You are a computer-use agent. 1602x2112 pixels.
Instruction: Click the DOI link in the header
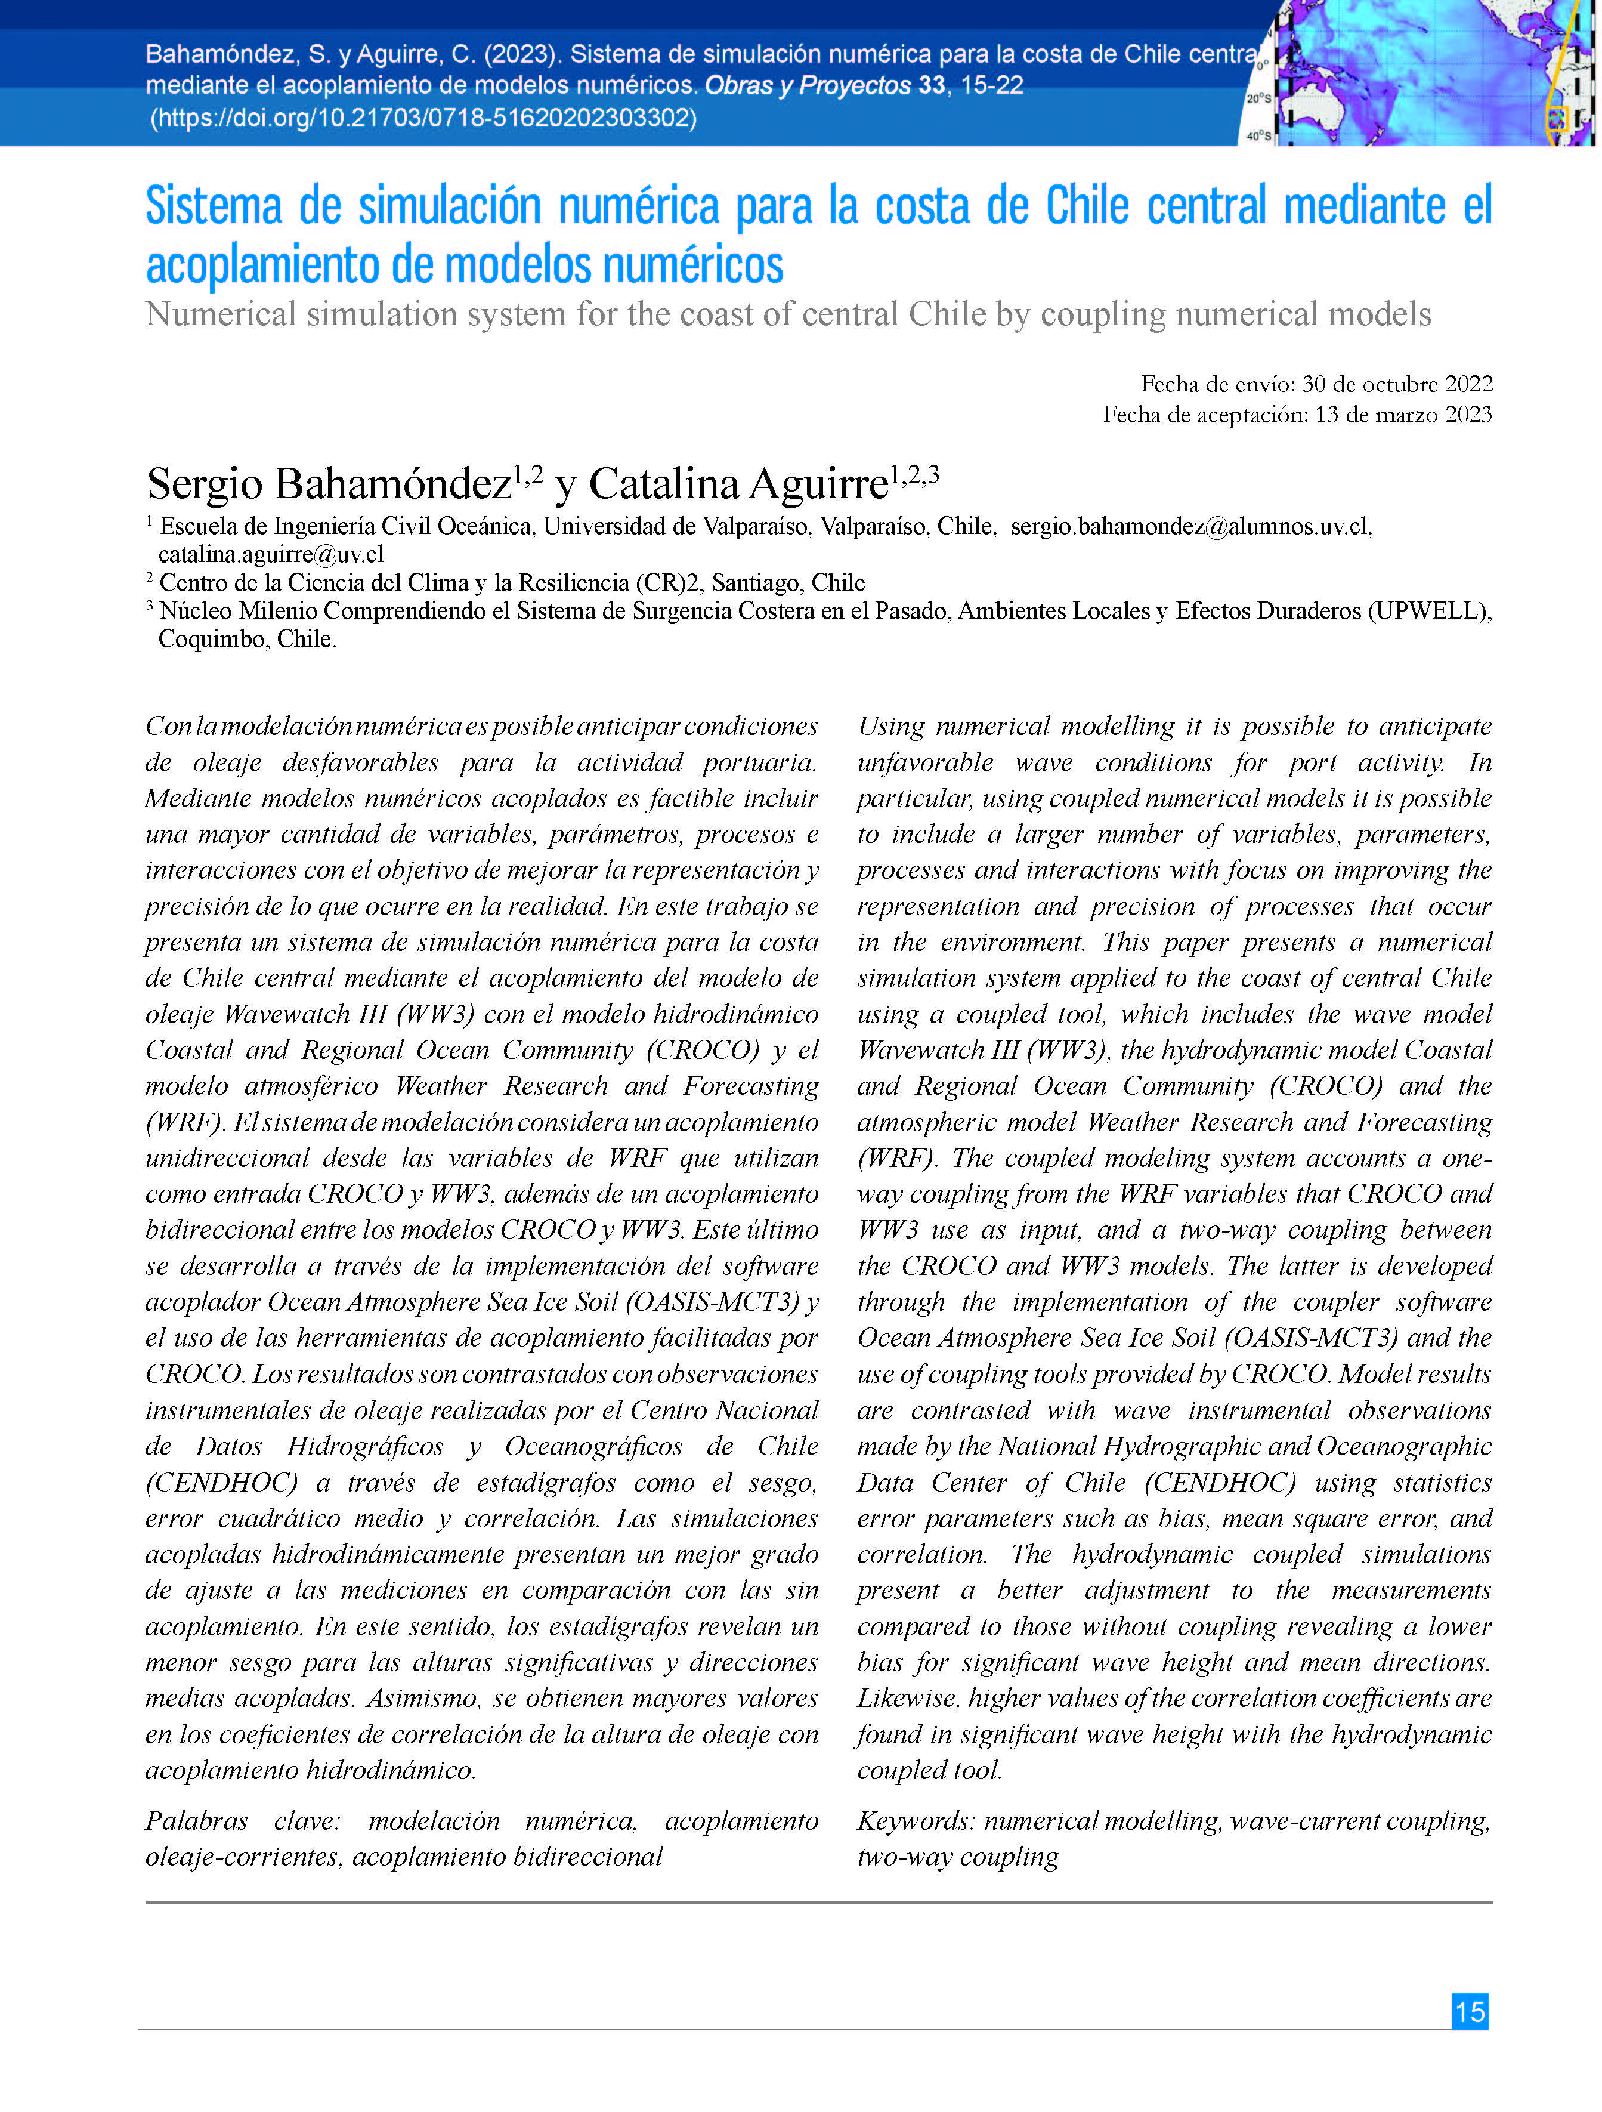423,118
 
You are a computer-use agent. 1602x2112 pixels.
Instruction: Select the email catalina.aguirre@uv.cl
271,554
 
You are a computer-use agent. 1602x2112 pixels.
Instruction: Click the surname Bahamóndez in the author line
392,484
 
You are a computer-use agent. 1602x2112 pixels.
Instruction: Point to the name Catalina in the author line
663,484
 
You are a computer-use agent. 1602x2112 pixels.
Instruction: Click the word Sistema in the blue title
214,206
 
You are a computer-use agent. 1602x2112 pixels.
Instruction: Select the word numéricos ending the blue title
692,265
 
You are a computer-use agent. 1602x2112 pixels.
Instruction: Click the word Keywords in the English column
914,1821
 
